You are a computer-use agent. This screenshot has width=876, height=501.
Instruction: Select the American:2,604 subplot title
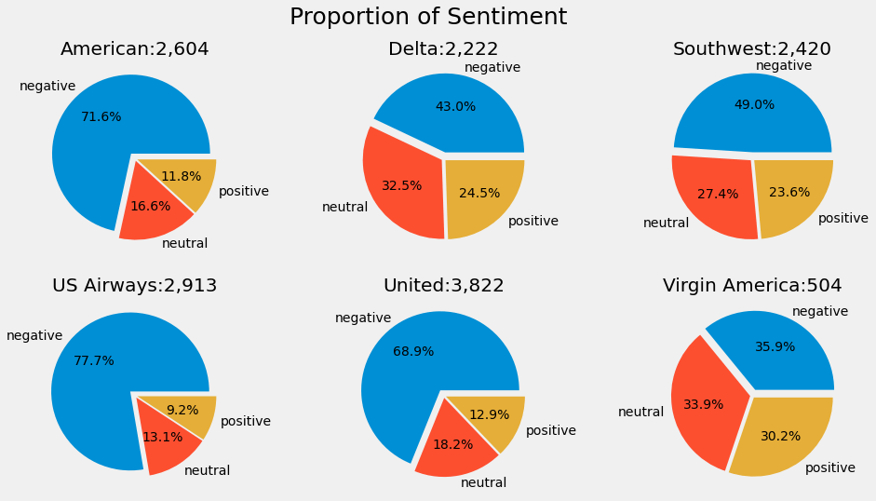tap(134, 49)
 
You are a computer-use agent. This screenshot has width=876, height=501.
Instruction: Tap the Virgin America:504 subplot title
tap(752, 286)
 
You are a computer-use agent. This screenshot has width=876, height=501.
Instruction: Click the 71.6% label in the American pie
tap(101, 116)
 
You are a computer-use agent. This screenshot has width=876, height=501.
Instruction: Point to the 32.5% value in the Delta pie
tap(401, 185)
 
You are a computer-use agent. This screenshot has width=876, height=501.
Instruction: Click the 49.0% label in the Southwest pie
tap(754, 104)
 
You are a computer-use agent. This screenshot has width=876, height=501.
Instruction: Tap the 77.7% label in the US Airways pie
tap(94, 360)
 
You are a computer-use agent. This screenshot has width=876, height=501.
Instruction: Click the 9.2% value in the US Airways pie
tap(182, 410)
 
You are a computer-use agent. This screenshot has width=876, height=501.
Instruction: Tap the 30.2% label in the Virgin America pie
tap(780, 436)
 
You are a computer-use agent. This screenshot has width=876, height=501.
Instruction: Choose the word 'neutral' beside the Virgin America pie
tap(640, 412)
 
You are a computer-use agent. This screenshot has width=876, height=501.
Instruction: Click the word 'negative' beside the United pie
tap(363, 318)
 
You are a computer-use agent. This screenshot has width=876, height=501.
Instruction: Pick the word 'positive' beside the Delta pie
tap(533, 221)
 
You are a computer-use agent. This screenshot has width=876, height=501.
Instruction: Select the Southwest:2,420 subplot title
tap(752, 49)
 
